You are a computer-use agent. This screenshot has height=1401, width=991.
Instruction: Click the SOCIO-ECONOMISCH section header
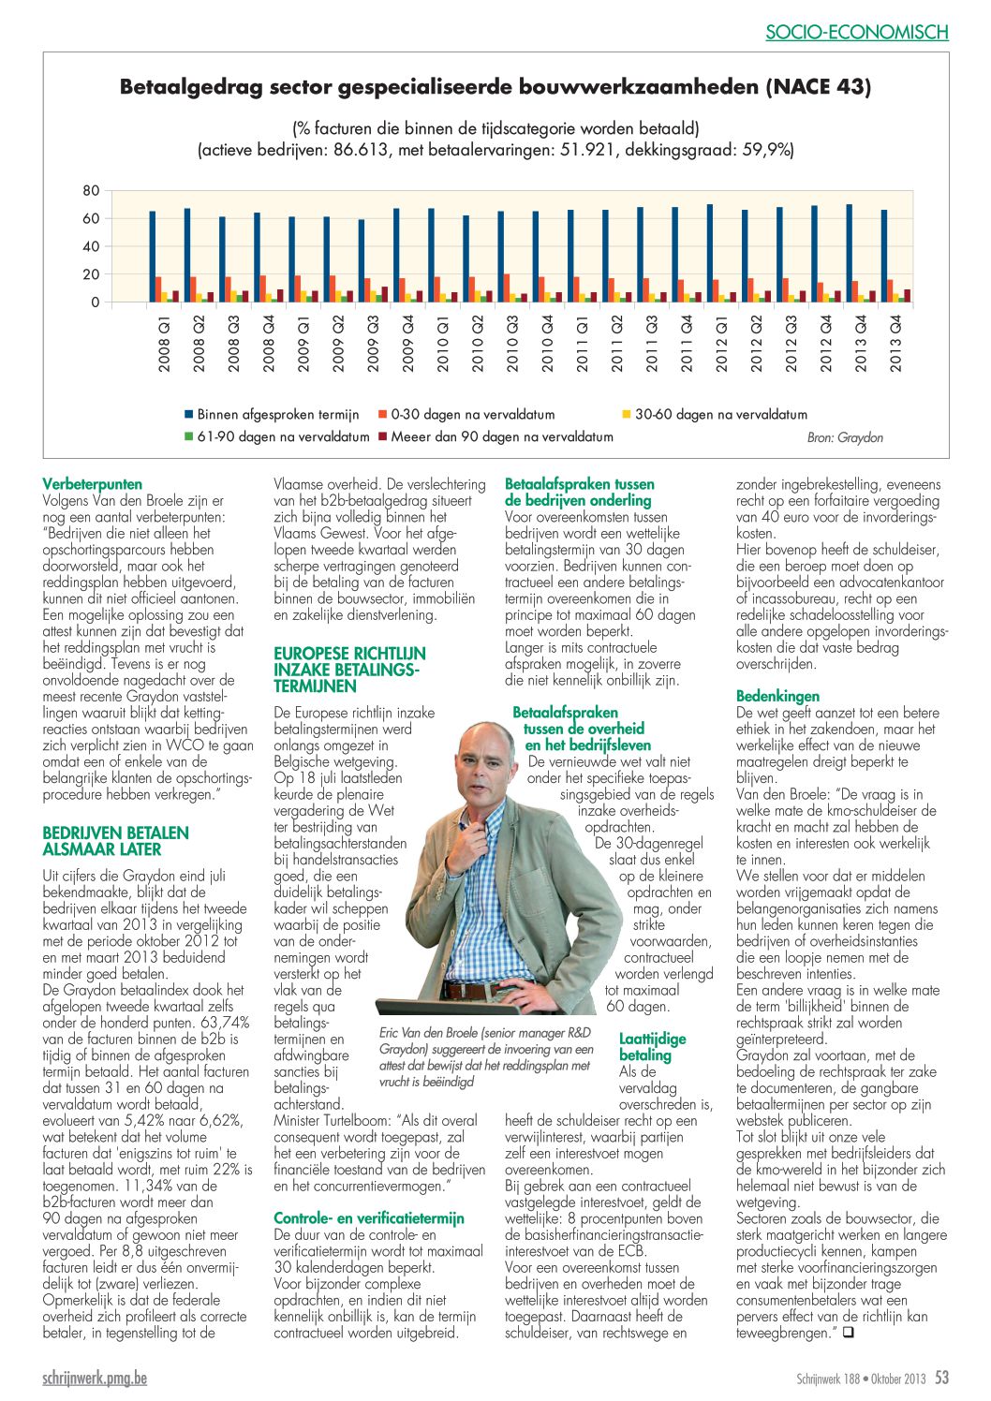click(856, 32)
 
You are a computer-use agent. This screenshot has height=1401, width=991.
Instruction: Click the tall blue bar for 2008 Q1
click(152, 257)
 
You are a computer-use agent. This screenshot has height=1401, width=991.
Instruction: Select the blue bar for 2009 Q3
click(361, 260)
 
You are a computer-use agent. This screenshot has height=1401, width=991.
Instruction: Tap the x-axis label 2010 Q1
click(443, 344)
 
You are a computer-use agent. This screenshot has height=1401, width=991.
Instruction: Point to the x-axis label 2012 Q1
click(721, 344)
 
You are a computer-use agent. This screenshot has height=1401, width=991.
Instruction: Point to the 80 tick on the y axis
click(92, 191)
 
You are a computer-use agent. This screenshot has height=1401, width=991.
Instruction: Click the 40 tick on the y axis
click(92, 246)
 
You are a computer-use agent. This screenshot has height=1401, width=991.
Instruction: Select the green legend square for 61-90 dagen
click(188, 436)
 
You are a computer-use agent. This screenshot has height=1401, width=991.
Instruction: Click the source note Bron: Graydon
click(845, 438)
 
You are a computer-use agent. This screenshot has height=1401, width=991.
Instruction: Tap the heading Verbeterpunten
click(92, 484)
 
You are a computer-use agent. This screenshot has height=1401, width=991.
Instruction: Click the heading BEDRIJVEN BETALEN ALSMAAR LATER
click(116, 841)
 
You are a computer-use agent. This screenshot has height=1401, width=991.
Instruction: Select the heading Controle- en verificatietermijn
click(369, 1217)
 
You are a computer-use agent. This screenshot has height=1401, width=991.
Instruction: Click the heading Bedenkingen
click(777, 696)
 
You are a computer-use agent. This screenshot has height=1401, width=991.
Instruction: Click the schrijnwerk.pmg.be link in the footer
click(95, 1378)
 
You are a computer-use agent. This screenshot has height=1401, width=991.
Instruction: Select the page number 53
click(941, 1377)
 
